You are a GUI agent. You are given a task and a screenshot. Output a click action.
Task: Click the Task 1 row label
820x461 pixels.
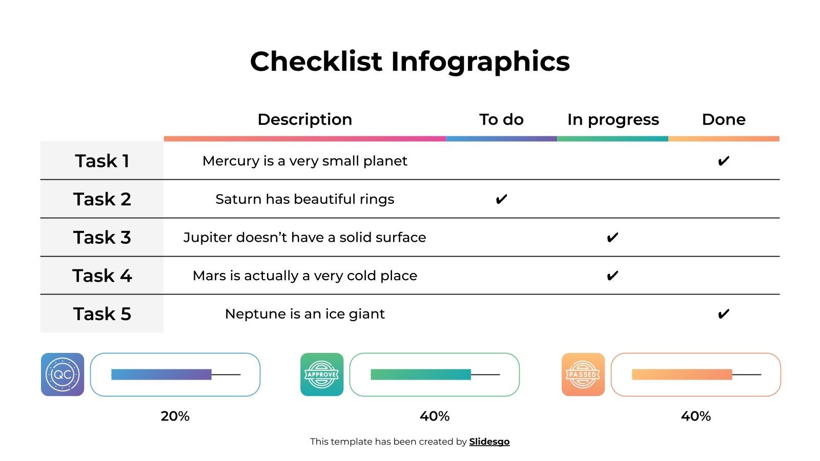[x=102, y=161]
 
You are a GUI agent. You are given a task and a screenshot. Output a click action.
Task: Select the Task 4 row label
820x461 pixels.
[x=102, y=276]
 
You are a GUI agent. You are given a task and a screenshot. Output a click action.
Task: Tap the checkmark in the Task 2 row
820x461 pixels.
[x=501, y=199]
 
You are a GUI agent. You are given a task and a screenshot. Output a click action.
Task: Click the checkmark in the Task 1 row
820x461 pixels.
[x=723, y=161]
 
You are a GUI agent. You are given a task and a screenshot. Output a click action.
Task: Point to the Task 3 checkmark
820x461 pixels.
[x=612, y=237]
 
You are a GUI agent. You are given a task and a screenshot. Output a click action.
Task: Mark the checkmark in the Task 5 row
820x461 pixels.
[x=723, y=313]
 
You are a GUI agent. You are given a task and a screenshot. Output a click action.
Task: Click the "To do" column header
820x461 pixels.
[x=501, y=119]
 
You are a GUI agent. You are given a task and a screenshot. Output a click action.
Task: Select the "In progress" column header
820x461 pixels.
[x=613, y=119]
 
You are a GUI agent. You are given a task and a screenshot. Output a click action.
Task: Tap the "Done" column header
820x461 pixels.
[x=724, y=119]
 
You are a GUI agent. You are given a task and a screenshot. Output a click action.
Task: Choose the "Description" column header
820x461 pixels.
[x=305, y=119]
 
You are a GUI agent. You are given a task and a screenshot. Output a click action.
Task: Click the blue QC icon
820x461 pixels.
[x=63, y=374]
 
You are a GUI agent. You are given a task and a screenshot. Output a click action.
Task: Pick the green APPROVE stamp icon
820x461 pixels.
[x=322, y=374]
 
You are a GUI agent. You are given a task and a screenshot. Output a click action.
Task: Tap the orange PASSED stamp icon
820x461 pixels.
[x=583, y=374]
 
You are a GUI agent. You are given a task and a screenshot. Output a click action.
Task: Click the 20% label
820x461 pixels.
[x=175, y=416]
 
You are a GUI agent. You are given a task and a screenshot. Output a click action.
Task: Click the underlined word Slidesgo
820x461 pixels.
[x=489, y=442]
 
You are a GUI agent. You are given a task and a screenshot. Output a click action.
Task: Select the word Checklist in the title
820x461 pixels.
[x=316, y=61]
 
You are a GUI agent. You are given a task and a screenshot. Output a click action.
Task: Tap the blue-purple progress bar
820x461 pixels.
[x=161, y=374]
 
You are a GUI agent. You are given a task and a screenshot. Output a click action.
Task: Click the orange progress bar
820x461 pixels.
[x=682, y=374]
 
